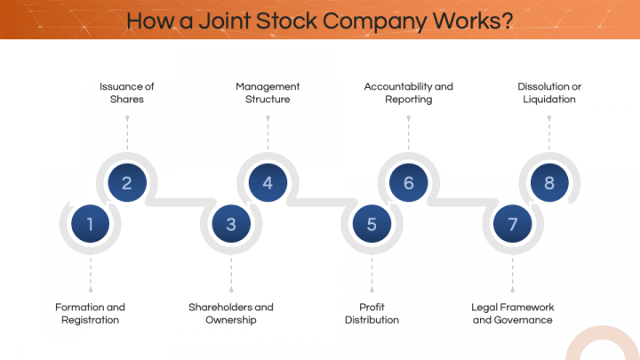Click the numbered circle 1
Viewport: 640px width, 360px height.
pos(90,224)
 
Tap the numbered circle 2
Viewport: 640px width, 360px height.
pos(127,183)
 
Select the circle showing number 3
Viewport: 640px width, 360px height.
pos(231,224)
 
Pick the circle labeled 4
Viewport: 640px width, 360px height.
pos(268,183)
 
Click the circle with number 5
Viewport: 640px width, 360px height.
pos(372,224)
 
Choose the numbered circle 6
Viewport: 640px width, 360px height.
pos(409,183)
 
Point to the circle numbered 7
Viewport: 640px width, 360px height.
pos(513,224)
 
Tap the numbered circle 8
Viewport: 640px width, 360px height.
pos(549,183)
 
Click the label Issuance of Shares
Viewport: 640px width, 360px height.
pos(126,93)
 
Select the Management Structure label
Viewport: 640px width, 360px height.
pos(268,93)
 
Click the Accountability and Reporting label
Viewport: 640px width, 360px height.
pos(409,93)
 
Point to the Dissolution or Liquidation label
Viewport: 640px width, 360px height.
pos(549,93)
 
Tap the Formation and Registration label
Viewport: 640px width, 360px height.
pos(90,314)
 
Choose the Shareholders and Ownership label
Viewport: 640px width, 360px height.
pos(231,314)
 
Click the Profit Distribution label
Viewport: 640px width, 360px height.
pos(372,314)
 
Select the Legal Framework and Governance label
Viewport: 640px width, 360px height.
pos(512,314)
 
